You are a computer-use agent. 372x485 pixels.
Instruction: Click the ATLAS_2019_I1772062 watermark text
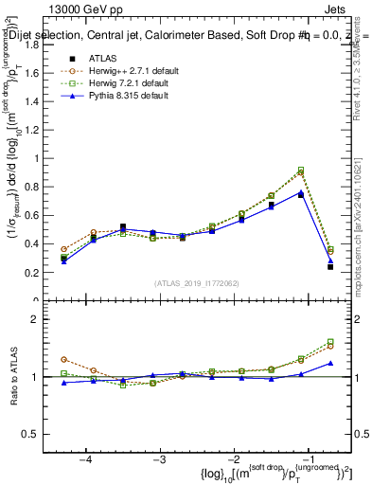[x=202, y=283]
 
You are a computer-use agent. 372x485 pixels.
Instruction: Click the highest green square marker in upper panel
[x=301, y=171]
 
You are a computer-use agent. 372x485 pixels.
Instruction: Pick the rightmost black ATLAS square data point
[x=330, y=267]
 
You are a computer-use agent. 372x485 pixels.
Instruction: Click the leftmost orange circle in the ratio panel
[x=63, y=360]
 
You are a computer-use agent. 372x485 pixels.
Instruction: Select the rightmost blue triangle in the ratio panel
[x=330, y=363]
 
